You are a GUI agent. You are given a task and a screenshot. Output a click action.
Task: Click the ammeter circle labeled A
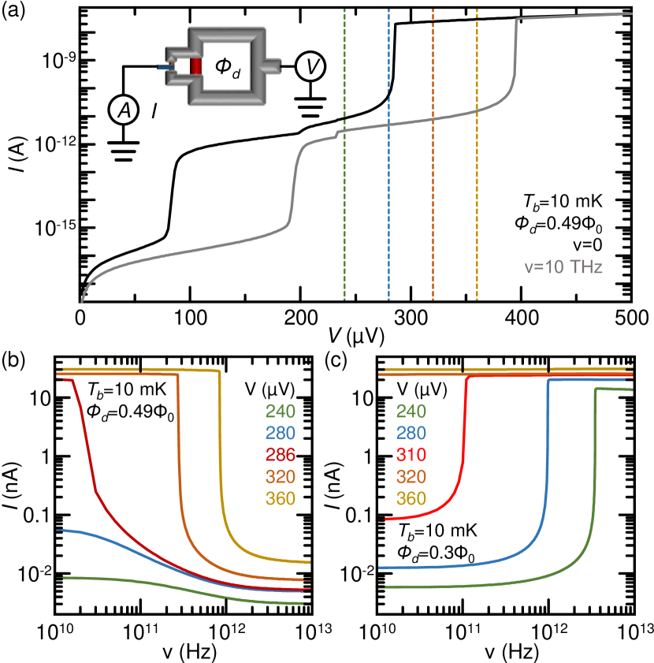coord(123,114)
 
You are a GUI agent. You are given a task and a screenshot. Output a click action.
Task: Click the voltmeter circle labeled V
coord(314,68)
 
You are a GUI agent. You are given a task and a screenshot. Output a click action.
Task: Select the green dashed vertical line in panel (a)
coord(345,197)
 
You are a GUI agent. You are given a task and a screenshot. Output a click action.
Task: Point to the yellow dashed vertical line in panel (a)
coord(477,197)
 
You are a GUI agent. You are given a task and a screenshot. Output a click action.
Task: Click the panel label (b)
coord(15,359)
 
